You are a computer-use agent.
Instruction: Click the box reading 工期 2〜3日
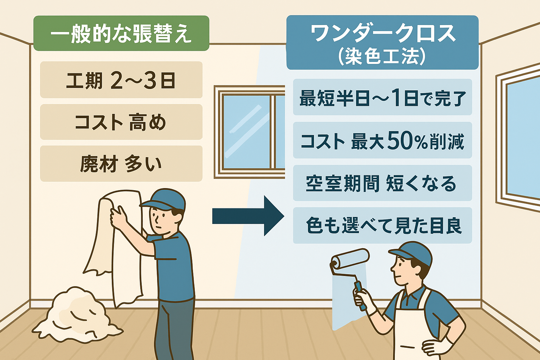[121, 80]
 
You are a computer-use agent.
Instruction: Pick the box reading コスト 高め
[121, 122]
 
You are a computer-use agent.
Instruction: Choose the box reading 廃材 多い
[121, 163]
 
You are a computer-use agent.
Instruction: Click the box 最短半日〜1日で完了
[382, 97]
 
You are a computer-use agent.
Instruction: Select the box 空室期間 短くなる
[382, 183]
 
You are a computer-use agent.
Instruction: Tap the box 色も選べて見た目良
[382, 225]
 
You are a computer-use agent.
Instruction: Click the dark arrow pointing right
[248, 216]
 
